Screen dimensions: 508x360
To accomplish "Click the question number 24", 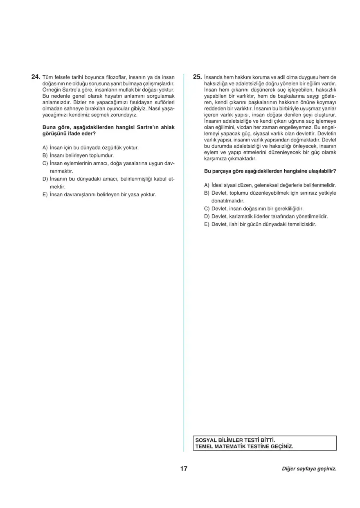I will tap(36, 76).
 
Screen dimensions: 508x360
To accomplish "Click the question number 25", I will tap(197, 76).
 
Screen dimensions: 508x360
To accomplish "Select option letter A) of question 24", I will tap(45, 147).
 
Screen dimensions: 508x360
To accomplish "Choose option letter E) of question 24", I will tap(45, 195).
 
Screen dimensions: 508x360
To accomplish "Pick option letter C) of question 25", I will tap(207, 209).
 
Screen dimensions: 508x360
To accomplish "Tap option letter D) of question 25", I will tap(207, 216).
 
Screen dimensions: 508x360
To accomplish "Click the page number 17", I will tap(184, 469).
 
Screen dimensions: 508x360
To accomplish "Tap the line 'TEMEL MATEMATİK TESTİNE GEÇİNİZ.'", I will tap(244, 447).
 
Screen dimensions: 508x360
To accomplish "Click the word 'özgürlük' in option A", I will tap(112, 147).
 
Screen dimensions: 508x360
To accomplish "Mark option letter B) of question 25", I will tap(207, 193).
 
